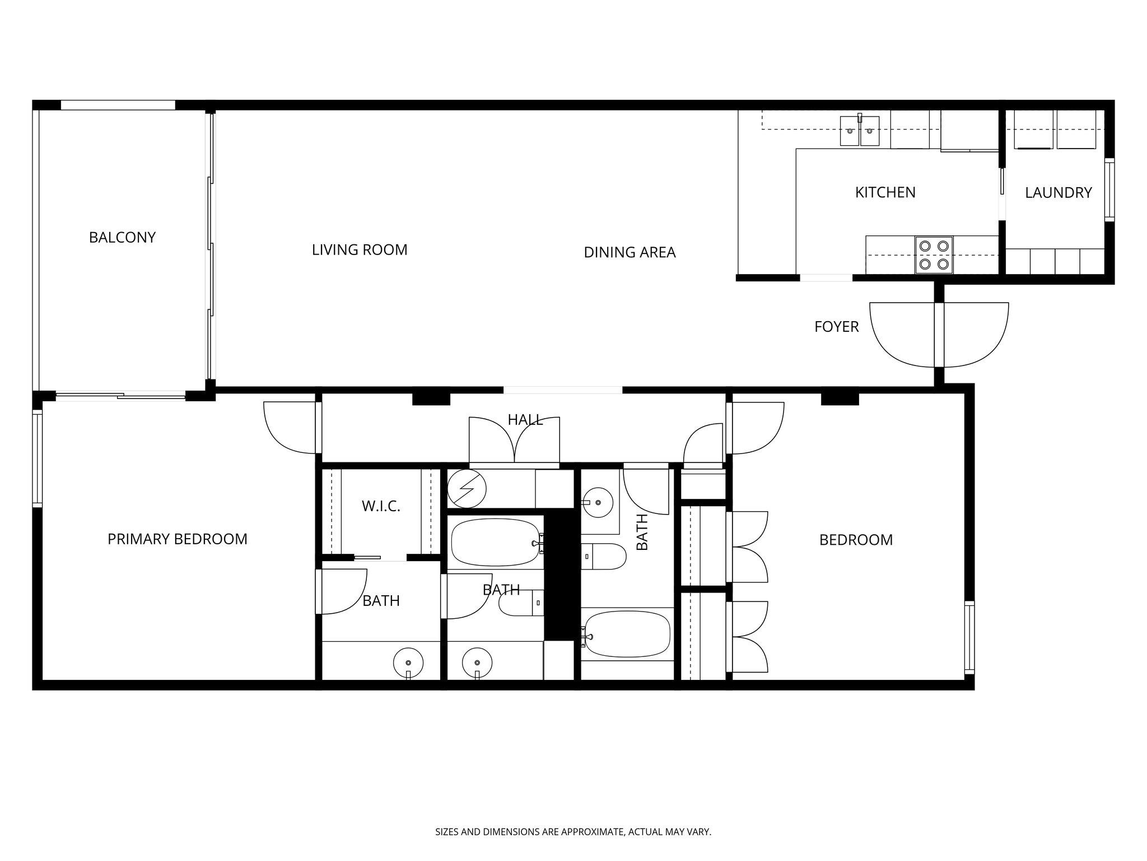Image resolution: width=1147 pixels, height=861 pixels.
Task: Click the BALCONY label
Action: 122,238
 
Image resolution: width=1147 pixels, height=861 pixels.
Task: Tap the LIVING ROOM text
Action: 360,250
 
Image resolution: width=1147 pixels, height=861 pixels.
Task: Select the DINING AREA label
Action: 630,253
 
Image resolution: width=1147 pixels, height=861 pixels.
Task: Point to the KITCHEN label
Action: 885,193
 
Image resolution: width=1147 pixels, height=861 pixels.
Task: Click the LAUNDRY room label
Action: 1058,193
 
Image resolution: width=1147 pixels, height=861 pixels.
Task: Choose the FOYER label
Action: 836,327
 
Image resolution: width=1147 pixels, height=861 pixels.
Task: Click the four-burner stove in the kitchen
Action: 934,254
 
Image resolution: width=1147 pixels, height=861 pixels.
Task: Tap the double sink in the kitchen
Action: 860,131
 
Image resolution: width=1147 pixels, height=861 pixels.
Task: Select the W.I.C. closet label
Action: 381,507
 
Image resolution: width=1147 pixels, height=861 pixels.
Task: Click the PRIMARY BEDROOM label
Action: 177,539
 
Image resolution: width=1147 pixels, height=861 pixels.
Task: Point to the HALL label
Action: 525,420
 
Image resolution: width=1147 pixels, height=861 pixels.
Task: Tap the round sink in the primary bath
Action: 408,663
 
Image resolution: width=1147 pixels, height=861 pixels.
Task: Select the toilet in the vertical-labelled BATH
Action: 603,557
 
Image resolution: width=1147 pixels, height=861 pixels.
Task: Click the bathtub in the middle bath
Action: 495,542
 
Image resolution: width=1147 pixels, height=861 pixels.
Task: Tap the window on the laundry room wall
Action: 1108,189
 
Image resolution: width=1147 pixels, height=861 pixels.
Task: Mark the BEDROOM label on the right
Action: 856,540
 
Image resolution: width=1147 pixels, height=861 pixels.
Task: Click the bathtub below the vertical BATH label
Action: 627,634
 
